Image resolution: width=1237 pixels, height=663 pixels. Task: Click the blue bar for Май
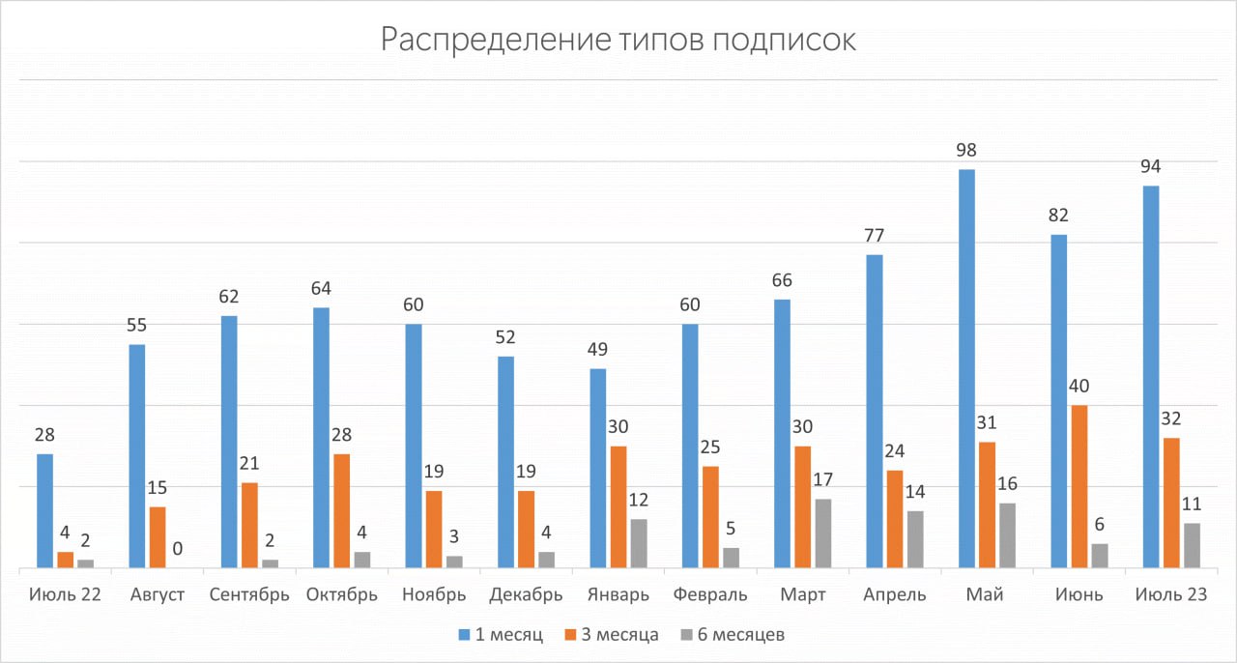(x=966, y=368)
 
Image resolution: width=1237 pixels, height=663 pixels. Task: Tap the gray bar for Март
(x=823, y=533)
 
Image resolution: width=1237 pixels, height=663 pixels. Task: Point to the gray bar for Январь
(x=639, y=543)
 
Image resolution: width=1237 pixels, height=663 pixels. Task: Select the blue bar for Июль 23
(x=1151, y=376)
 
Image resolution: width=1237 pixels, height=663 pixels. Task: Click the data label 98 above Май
(x=965, y=151)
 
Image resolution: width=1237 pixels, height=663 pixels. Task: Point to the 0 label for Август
(x=178, y=549)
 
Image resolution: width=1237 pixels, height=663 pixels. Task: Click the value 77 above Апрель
(x=875, y=236)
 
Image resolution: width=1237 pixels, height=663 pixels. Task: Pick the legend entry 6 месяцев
(x=741, y=635)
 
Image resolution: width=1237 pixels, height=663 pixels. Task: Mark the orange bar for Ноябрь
(x=434, y=529)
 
